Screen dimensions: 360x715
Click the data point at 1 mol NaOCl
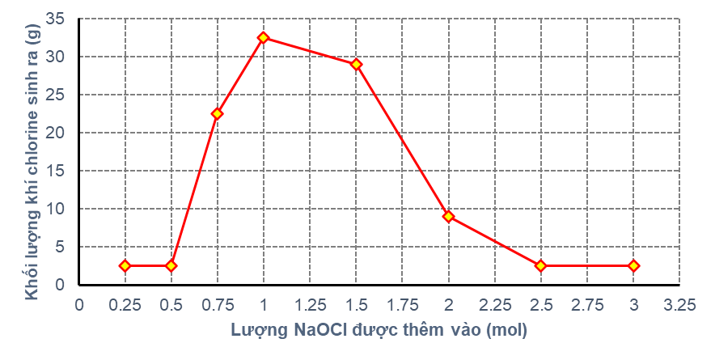[x=264, y=37]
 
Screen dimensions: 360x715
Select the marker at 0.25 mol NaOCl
[x=125, y=265]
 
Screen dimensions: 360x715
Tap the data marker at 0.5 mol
[x=171, y=265]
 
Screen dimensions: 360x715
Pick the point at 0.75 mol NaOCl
[x=217, y=113]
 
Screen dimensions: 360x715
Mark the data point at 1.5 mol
[x=356, y=64]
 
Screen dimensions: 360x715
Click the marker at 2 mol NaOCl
[x=448, y=216]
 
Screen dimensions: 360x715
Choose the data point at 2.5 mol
[x=540, y=265]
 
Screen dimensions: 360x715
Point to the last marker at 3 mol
[x=633, y=265]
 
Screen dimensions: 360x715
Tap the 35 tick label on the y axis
[x=57, y=19]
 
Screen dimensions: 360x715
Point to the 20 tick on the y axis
[x=57, y=133]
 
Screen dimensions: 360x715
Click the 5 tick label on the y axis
[x=61, y=247]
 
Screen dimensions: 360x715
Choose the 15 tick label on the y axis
[x=57, y=171]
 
